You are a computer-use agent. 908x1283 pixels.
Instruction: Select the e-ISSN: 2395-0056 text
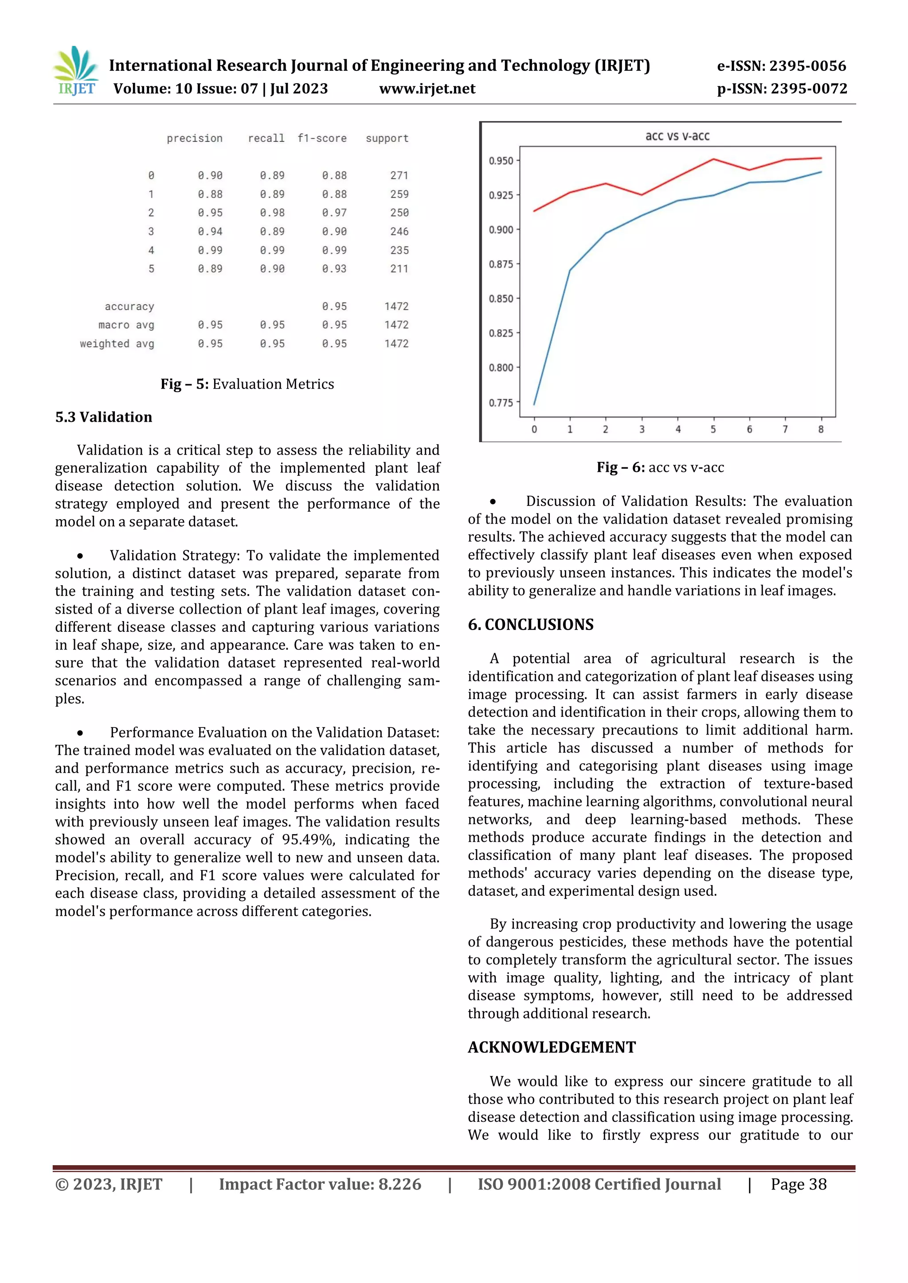pos(781,66)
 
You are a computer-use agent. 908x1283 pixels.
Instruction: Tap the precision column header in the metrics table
pos(194,138)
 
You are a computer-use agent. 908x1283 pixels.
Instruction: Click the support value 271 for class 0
pos(399,175)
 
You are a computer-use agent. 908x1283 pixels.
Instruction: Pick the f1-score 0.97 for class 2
pos(334,213)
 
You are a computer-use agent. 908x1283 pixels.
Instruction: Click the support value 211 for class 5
pos(399,269)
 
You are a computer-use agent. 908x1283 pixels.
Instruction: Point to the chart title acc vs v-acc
pos(677,136)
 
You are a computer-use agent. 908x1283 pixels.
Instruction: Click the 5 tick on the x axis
pos(713,429)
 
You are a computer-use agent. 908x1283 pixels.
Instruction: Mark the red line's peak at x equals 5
pos(713,159)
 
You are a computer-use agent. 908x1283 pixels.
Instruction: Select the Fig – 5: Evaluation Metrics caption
pos(247,384)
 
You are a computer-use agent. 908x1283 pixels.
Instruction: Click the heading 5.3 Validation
pos(103,417)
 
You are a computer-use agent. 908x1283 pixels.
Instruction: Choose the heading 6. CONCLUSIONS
pos(530,624)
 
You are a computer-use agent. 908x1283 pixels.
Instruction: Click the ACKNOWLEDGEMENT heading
pos(551,1046)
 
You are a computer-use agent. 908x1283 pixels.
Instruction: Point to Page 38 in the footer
pos(798,1184)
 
